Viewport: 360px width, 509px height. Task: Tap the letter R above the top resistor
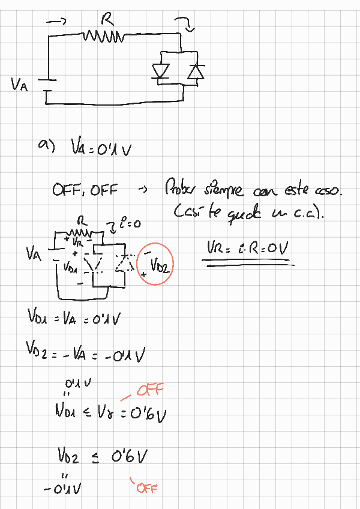click(108, 21)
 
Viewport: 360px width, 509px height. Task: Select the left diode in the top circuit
click(160, 71)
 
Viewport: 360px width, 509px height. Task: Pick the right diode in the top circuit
click(194, 71)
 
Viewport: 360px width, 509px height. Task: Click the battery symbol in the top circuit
click(47, 85)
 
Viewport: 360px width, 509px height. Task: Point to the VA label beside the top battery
click(19, 85)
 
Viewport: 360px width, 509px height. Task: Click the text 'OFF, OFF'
click(85, 190)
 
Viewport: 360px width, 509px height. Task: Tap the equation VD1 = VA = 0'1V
click(75, 318)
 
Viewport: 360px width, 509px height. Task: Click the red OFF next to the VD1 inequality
click(149, 392)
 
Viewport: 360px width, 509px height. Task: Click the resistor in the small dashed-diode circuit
click(80, 231)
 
